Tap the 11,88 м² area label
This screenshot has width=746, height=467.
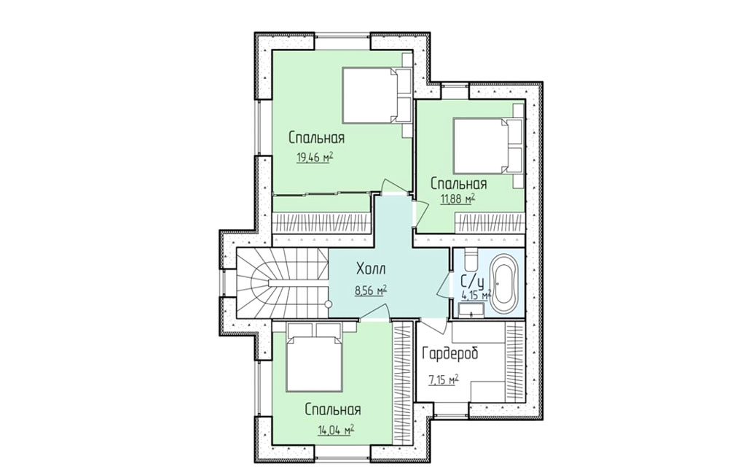(x=458, y=198)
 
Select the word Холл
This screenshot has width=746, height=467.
(x=372, y=269)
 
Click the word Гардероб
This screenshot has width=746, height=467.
(x=450, y=354)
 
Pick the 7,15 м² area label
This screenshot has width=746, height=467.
(x=444, y=379)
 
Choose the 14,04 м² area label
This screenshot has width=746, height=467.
(x=337, y=430)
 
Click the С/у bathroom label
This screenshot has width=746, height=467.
(x=472, y=281)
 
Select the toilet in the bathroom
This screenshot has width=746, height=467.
(x=469, y=260)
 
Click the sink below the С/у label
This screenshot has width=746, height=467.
(x=471, y=311)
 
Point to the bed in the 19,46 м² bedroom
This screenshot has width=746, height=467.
(x=372, y=94)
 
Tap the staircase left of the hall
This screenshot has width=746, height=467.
(x=282, y=284)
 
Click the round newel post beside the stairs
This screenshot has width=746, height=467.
(x=328, y=304)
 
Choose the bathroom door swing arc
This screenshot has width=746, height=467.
(x=444, y=285)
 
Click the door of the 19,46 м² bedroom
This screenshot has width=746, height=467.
(x=396, y=186)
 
